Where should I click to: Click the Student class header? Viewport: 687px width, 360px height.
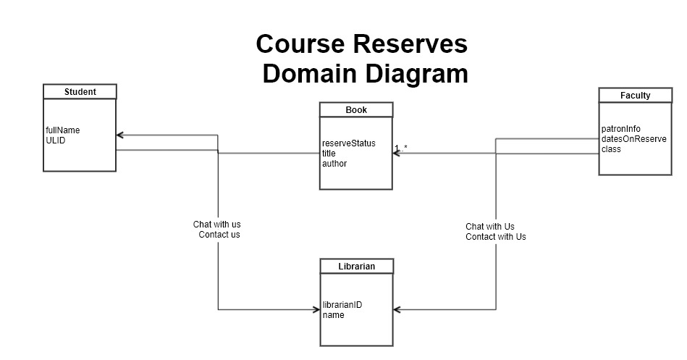pos(80,92)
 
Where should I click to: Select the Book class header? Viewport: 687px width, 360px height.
pos(356,110)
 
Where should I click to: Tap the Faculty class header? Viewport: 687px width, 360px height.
pos(635,96)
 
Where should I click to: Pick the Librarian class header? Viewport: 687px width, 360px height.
pos(357,267)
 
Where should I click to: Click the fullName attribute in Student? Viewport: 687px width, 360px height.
pos(63,130)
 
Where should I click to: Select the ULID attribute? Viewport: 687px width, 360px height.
pos(56,141)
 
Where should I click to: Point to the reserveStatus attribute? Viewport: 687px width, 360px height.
pos(349,143)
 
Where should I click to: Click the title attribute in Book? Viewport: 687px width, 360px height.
pos(329,154)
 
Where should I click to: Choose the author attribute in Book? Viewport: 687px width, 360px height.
pos(334,164)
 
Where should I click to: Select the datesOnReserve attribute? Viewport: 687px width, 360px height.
pos(633,139)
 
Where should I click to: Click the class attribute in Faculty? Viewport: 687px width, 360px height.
pos(611,149)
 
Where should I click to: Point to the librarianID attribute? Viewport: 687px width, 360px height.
pos(342,305)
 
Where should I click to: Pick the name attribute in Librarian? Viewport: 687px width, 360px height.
pos(334,315)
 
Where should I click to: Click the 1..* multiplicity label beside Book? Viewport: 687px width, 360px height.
pos(401,148)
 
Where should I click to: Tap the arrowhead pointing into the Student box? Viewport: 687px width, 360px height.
pos(120,135)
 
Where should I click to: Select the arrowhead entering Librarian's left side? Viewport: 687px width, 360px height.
pos(316,310)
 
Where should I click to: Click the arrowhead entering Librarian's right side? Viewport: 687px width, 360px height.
pos(398,310)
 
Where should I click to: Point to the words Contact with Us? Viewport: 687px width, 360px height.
pos(496,237)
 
